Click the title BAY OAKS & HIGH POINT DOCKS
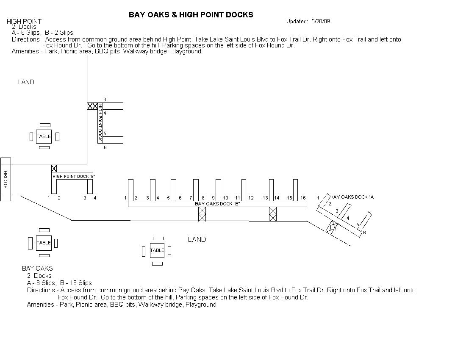[x=191, y=15]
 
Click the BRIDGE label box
[x=6, y=179]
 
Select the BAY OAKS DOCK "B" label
[x=217, y=204]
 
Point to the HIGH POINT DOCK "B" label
[x=74, y=176]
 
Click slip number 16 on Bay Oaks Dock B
[x=303, y=198]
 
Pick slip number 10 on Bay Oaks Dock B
[x=225, y=198]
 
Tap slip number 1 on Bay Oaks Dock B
[x=125, y=198]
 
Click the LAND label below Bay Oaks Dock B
[x=197, y=240]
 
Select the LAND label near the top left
[x=26, y=82]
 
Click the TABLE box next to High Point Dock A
[x=44, y=136]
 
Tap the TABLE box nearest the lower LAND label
[x=157, y=250]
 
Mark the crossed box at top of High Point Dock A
[x=92, y=106]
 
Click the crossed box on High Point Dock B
[x=54, y=168]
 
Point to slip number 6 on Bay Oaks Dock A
[x=364, y=233]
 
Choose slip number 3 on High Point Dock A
[x=105, y=100]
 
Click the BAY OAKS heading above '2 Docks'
[x=37, y=269]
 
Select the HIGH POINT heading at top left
[x=24, y=22]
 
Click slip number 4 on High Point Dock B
[x=95, y=198]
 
